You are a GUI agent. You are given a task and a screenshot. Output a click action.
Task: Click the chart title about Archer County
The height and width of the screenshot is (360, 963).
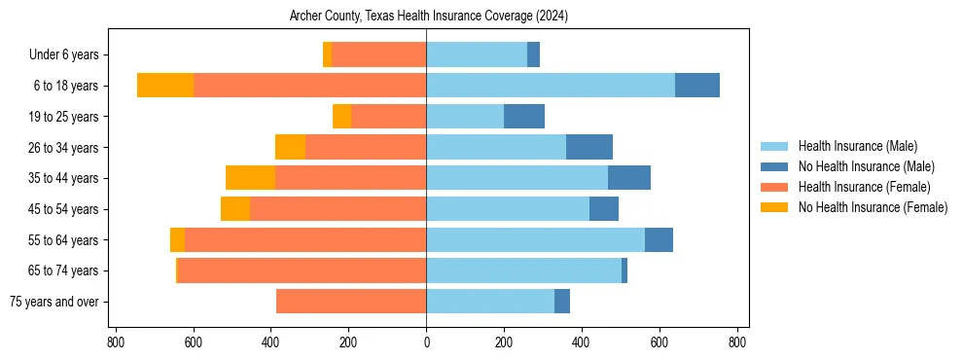pyautogui.click(x=429, y=17)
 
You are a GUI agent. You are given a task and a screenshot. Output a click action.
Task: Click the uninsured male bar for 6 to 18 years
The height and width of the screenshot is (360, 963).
pyautogui.click(x=697, y=86)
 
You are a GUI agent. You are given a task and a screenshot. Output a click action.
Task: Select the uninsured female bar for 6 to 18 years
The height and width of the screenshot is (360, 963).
pyautogui.click(x=165, y=86)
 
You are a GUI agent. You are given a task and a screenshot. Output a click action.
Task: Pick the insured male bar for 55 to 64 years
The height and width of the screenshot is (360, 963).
pyautogui.click(x=535, y=239)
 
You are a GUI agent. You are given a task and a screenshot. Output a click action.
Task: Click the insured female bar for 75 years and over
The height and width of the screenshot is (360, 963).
pyautogui.click(x=351, y=302)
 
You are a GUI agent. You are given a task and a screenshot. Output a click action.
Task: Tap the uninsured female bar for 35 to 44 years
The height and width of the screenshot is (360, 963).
pyautogui.click(x=250, y=178)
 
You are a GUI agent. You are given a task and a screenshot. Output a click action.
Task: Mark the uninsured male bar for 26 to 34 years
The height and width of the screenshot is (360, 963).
pyautogui.click(x=589, y=147)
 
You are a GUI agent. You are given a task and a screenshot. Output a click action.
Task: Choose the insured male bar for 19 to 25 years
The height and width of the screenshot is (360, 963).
pyautogui.click(x=465, y=117)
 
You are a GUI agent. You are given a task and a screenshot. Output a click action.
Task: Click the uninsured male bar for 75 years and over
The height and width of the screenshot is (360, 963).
pyautogui.click(x=562, y=302)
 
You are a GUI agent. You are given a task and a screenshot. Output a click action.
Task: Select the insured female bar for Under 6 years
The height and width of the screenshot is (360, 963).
pyautogui.click(x=379, y=55)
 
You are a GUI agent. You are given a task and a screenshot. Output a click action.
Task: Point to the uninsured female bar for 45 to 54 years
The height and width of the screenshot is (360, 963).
pyautogui.click(x=235, y=209)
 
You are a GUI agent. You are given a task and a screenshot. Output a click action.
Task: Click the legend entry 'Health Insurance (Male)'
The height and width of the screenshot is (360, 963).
pyautogui.click(x=857, y=146)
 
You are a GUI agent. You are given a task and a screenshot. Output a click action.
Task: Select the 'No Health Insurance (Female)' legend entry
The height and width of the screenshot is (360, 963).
pyautogui.click(x=873, y=207)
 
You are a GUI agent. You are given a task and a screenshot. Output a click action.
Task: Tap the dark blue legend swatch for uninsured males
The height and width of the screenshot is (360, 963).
pyautogui.click(x=774, y=166)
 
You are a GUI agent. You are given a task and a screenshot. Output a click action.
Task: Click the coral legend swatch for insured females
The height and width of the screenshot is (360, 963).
pyautogui.click(x=774, y=187)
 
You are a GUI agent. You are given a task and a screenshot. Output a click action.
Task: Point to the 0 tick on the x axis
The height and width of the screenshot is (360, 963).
pyautogui.click(x=426, y=342)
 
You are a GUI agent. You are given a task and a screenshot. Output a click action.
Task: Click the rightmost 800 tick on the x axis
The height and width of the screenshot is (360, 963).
pyautogui.click(x=737, y=342)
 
